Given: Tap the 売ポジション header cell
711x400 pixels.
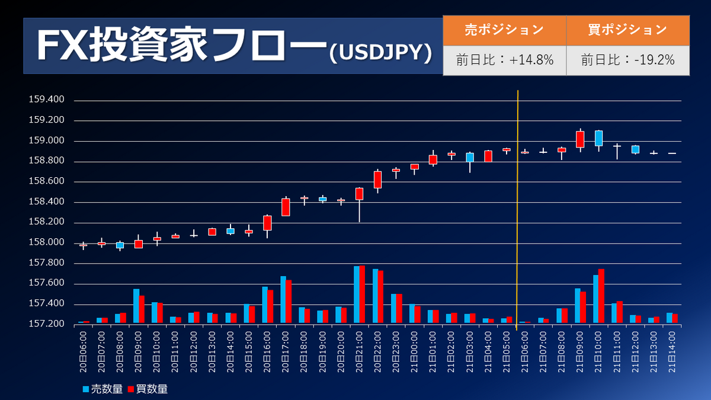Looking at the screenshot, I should pyautogui.click(x=504, y=30).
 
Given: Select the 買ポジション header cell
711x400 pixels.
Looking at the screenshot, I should pyautogui.click(x=627, y=30).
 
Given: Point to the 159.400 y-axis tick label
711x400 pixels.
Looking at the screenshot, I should pyautogui.click(x=46, y=100).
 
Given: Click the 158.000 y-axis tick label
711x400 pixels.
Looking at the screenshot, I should pyautogui.click(x=46, y=242).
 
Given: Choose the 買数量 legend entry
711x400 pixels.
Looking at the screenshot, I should pyautogui.click(x=148, y=389).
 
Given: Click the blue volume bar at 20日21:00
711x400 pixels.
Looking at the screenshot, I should pyautogui.click(x=357, y=295).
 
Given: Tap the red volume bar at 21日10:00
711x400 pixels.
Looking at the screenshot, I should pyautogui.click(x=601, y=296).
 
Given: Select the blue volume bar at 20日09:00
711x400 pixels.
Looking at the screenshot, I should pyautogui.click(x=136, y=306).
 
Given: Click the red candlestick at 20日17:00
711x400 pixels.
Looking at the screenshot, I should pyautogui.click(x=286, y=207).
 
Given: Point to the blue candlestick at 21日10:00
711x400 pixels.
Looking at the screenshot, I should pyautogui.click(x=598, y=138).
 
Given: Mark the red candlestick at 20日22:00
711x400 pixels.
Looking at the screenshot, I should pyautogui.click(x=377, y=180).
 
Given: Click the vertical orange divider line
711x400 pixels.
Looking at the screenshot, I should pyautogui.click(x=518, y=207).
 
